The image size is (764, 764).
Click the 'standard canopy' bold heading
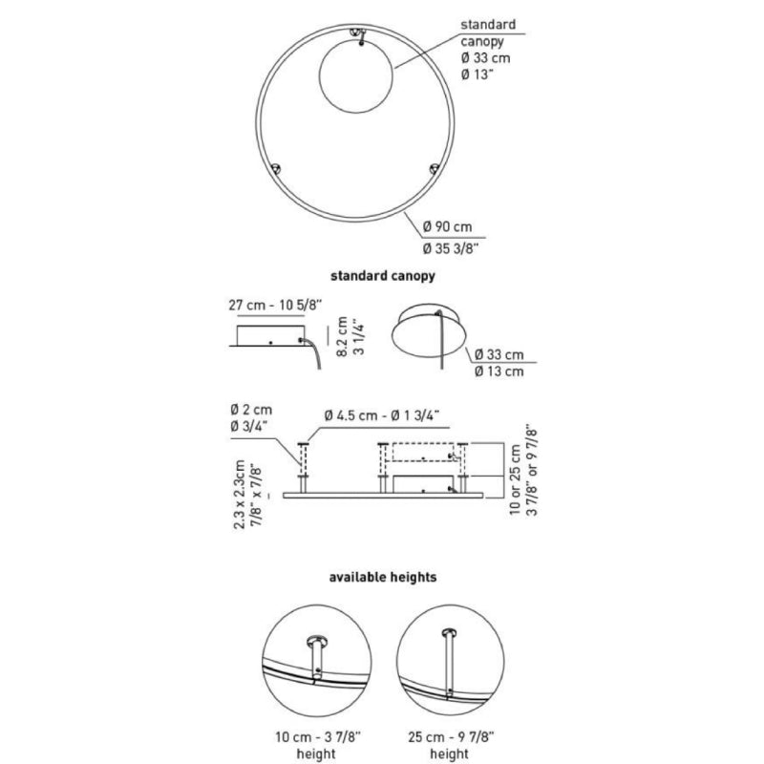point(383,276)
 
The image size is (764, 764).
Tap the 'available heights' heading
point(383,578)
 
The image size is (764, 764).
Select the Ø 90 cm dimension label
point(447,226)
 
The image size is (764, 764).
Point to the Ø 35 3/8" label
point(451,248)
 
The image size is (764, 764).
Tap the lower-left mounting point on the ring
point(275,169)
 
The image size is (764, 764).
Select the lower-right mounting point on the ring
point(435,169)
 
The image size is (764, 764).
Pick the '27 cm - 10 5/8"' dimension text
point(275,305)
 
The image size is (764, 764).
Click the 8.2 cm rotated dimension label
point(342,336)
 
